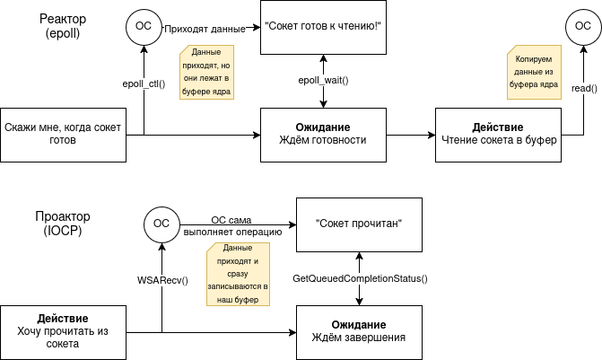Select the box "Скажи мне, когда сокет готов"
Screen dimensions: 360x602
coord(63,135)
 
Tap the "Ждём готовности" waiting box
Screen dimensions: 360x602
coord(323,135)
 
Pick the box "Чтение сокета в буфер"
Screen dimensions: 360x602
coord(498,135)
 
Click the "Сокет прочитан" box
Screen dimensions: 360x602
coord(359,224)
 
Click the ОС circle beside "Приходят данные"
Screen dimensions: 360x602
coord(144,27)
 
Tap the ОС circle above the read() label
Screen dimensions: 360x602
coord(577,27)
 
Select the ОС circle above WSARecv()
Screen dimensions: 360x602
coord(161,224)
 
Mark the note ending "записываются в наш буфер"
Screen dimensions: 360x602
coord(232,274)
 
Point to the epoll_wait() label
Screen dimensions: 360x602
coord(323,81)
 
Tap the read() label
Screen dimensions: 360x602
coord(584,88)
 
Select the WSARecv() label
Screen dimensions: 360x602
coord(162,280)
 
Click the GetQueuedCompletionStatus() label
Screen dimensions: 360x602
coord(361,279)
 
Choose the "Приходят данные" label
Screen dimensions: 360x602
coord(205,29)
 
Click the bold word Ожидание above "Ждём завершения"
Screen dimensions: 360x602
coord(359,324)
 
